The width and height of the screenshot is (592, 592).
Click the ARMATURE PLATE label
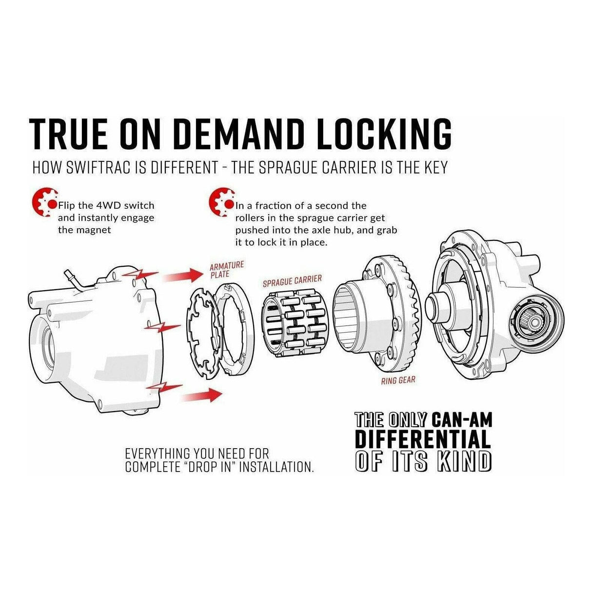click(226, 269)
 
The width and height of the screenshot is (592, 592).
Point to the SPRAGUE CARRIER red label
click(292, 280)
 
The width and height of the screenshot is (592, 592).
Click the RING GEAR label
click(398, 379)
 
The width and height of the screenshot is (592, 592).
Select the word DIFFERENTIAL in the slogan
click(422, 440)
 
